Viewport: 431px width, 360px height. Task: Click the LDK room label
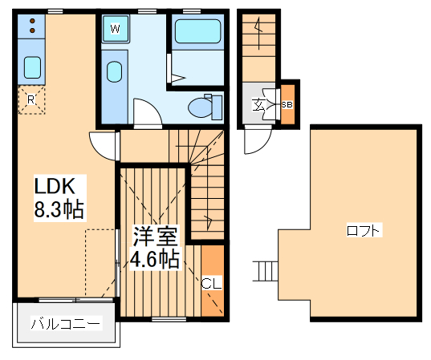(54, 187)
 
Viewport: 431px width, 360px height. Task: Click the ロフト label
(364, 231)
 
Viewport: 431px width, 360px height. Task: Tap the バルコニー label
(66, 324)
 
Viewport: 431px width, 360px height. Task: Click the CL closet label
(210, 282)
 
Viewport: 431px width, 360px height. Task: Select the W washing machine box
(116, 30)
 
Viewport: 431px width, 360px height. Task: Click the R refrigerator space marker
(30, 99)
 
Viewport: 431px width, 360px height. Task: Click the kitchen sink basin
(32, 67)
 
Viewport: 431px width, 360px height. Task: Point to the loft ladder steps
(265, 272)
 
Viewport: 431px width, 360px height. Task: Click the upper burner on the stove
(32, 22)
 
